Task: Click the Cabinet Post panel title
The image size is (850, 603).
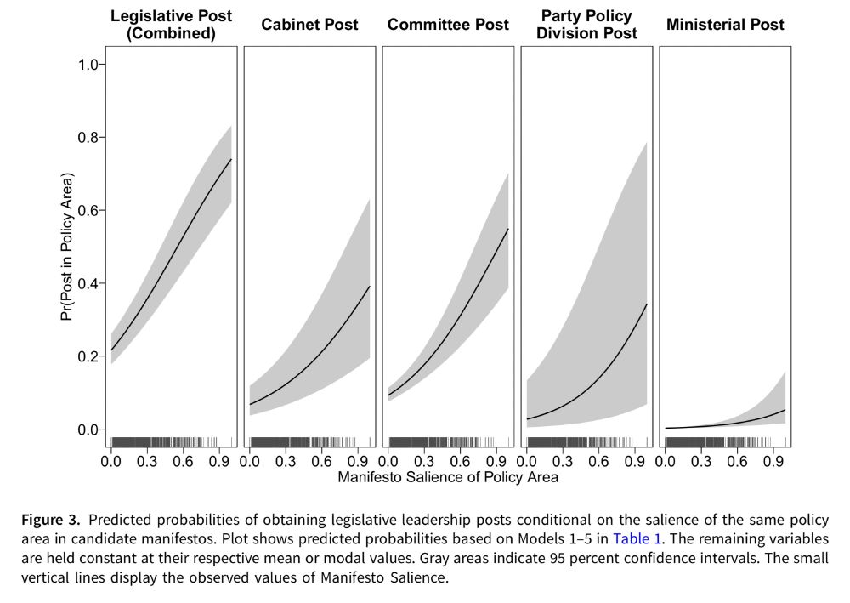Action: pyautogui.click(x=309, y=25)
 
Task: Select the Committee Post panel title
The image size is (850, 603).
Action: pyautogui.click(x=448, y=25)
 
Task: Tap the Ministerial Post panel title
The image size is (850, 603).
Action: pyautogui.click(x=725, y=25)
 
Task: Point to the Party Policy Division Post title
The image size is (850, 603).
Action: pyautogui.click(x=586, y=25)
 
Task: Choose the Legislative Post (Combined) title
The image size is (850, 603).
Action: pyautogui.click(x=171, y=25)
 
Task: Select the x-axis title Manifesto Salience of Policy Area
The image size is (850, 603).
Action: pyautogui.click(x=448, y=477)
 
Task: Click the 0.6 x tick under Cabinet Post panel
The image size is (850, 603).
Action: pyautogui.click(x=321, y=461)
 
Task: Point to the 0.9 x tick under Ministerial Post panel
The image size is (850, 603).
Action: pyautogui.click(x=773, y=461)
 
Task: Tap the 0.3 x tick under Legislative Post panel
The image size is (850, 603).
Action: pyautogui.click(x=147, y=461)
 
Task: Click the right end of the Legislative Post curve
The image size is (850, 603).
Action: pyautogui.click(x=231, y=159)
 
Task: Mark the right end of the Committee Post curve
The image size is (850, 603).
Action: pyautogui.click(x=508, y=229)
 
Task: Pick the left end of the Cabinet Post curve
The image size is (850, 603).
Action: pyautogui.click(x=250, y=404)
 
